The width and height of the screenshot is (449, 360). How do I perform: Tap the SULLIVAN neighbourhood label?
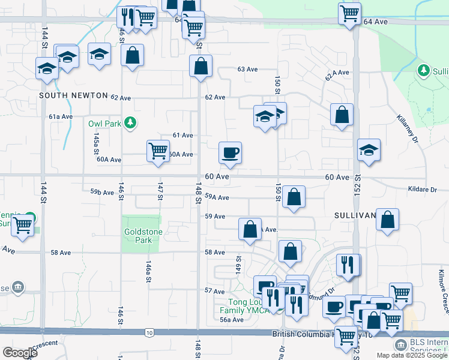point(354,214)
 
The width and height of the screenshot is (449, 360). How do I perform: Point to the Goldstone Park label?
point(141,236)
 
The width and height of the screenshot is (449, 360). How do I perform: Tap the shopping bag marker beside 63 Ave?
point(201,67)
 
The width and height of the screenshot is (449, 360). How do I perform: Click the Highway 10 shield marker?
point(149,332)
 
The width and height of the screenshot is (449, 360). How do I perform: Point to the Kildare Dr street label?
point(423,190)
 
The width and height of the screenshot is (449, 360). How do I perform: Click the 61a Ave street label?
point(61,116)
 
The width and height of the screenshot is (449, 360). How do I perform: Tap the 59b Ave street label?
point(102,192)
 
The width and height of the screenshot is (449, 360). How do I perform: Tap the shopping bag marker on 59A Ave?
point(294,197)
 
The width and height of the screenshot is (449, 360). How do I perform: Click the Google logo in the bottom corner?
point(20,353)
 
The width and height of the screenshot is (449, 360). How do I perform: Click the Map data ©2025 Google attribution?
point(411,355)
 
